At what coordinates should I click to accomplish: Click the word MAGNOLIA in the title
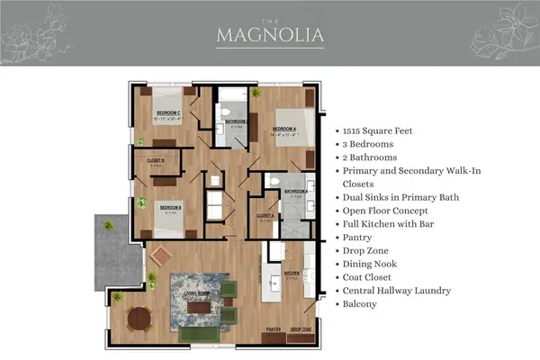(x=270, y=36)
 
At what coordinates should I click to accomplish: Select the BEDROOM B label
(x=171, y=208)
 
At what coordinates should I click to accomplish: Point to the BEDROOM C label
(x=166, y=114)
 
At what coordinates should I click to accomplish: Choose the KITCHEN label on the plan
(x=292, y=273)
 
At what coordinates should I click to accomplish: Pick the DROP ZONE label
(x=301, y=330)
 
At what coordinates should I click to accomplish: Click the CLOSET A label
(x=265, y=216)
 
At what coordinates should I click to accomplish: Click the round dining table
(x=138, y=318)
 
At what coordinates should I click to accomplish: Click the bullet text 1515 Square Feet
(x=379, y=130)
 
